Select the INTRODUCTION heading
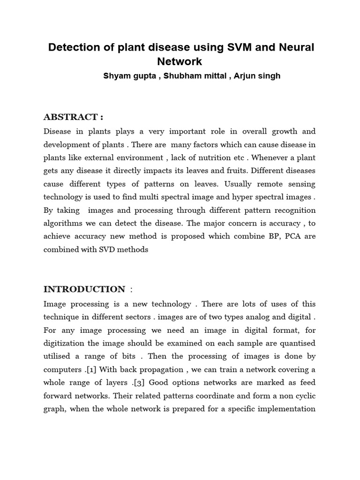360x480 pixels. click(x=84, y=289)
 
